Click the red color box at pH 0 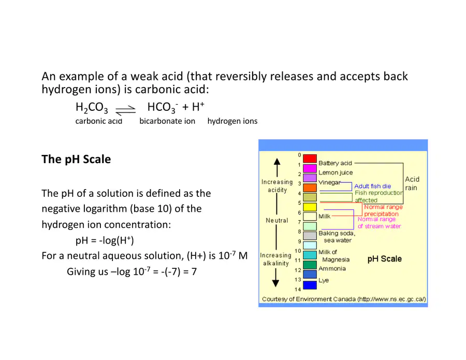(310, 159)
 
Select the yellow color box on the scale (310, 207)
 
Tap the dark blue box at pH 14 (310, 285)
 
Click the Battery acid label (335, 163)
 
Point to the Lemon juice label (336, 172)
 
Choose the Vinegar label (329, 182)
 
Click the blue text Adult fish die (372, 186)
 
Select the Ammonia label (332, 268)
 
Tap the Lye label (323, 280)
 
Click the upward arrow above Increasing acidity (277, 167)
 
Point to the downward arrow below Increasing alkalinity (276, 277)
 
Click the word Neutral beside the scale (276, 220)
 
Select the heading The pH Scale (76, 159)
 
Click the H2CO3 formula (92, 107)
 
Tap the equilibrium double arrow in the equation (125, 110)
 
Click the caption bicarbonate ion (167, 121)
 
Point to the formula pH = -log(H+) (105, 240)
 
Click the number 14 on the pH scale (298, 289)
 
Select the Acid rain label (412, 183)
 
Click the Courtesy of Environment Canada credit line (344, 299)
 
